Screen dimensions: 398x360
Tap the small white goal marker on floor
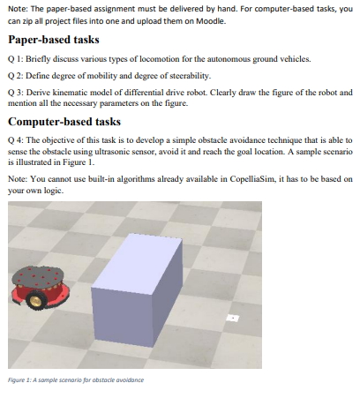click(233, 315)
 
